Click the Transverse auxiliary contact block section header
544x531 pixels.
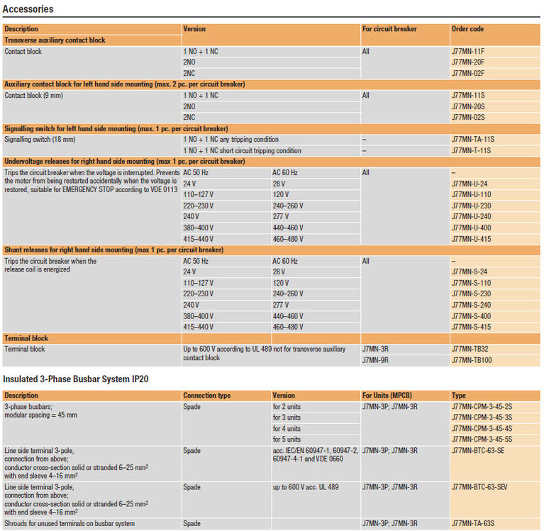(x=55, y=40)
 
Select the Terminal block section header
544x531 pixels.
(x=26, y=338)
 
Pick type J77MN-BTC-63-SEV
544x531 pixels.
(x=482, y=487)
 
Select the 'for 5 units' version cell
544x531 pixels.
(x=287, y=440)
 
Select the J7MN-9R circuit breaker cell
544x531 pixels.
(x=376, y=360)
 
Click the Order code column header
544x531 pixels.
(x=467, y=29)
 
